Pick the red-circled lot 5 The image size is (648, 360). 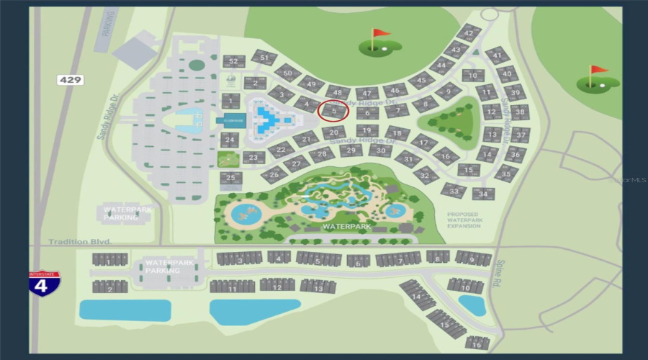(333, 112)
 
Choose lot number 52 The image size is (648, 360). (232, 62)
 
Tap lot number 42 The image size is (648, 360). (469, 33)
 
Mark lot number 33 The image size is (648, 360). (454, 191)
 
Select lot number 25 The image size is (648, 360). (230, 177)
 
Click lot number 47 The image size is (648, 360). (367, 94)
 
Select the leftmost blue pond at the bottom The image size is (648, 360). (125, 310)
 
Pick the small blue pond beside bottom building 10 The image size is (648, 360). (472, 305)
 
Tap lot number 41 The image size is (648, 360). (497, 55)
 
